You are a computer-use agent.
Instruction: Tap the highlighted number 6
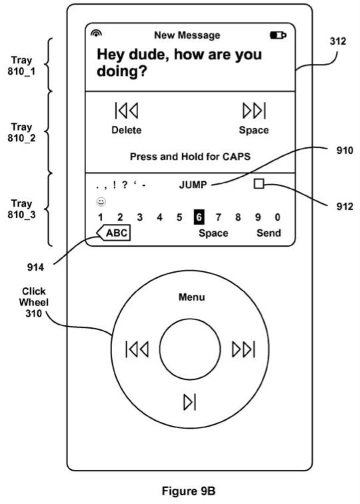(x=199, y=217)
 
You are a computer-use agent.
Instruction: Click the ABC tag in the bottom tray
(x=113, y=233)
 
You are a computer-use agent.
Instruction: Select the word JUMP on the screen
(x=193, y=185)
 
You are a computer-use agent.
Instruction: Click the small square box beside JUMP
(x=259, y=184)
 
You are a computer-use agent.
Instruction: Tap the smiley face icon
(x=101, y=202)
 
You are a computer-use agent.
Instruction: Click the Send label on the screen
(x=269, y=233)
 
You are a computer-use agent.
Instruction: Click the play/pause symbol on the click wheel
(x=189, y=402)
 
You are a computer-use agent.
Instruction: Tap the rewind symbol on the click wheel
(x=137, y=349)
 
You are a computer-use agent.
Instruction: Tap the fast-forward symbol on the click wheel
(x=243, y=349)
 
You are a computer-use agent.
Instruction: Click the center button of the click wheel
(x=190, y=349)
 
